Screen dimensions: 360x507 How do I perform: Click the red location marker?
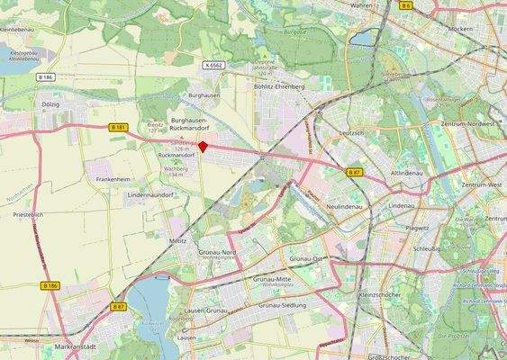[x=203, y=147]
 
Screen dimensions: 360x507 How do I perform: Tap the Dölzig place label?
[x=50, y=104]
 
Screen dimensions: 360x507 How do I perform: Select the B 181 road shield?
[x=116, y=128]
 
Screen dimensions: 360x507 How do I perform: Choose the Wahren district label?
[x=361, y=4]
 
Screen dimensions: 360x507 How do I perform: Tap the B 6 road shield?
[x=407, y=5]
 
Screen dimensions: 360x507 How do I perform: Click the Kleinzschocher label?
[x=380, y=293]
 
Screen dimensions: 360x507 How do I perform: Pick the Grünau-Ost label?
[x=306, y=258]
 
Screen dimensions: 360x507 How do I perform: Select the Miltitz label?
[x=177, y=241]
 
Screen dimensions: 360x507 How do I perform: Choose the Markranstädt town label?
[x=76, y=346]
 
